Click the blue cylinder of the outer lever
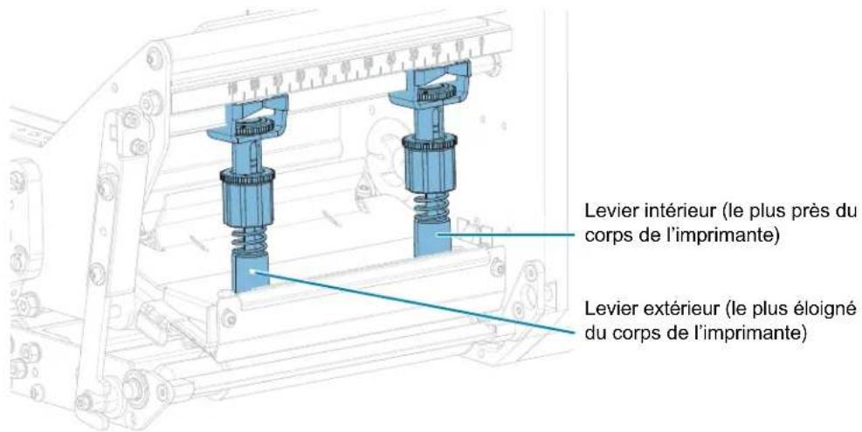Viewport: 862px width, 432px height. (247, 199)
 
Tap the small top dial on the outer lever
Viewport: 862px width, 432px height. (254, 128)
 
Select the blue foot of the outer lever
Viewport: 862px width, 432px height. (250, 271)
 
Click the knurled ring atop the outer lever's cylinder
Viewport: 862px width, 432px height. (247, 176)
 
